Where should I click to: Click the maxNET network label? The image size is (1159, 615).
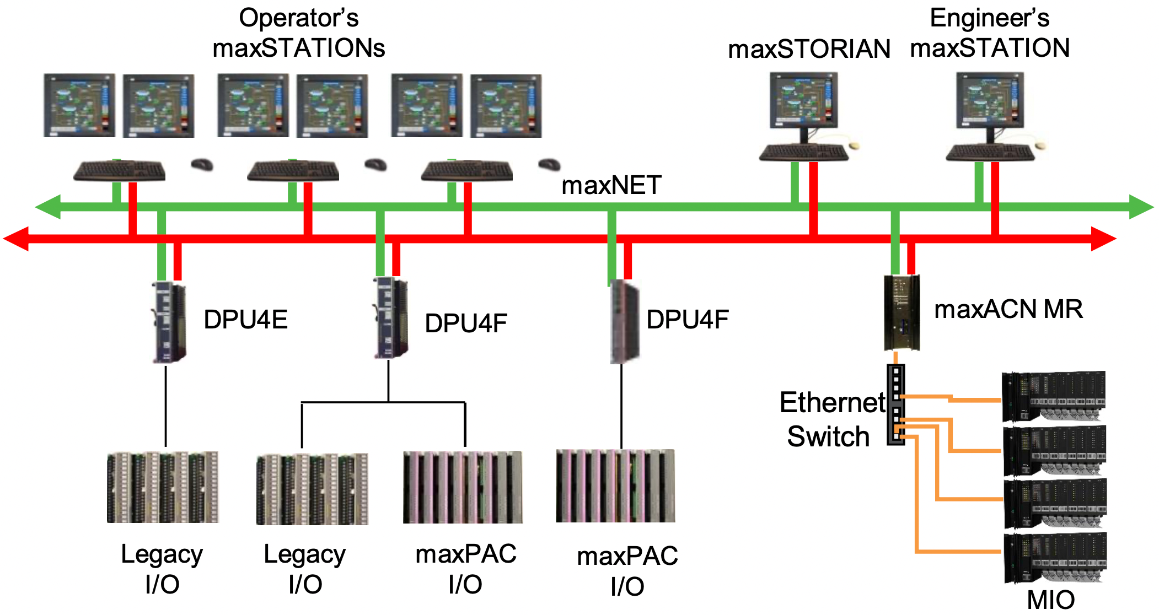click(611, 185)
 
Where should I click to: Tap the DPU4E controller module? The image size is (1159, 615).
click(169, 322)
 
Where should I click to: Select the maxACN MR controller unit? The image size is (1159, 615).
click(902, 312)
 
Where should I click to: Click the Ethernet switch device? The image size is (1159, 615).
click(895, 404)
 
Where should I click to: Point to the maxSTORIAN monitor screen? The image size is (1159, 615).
click(803, 100)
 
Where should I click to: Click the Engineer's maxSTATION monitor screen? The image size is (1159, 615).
click(989, 100)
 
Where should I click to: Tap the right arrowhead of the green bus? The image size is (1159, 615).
click(1141, 207)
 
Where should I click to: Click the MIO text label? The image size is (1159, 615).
click(1050, 600)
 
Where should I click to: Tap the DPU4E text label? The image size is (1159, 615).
click(245, 320)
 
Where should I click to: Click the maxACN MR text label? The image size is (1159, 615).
click(1008, 309)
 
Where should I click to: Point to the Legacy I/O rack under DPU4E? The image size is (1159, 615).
click(163, 487)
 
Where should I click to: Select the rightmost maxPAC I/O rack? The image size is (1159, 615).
click(615, 486)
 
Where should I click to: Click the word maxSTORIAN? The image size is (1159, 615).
click(809, 49)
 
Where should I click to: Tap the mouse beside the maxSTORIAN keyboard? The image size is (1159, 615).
click(854, 145)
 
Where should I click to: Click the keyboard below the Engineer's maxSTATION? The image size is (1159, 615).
click(990, 153)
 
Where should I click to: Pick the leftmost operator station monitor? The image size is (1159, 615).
click(79, 105)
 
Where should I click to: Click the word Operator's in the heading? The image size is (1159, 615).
click(298, 18)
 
